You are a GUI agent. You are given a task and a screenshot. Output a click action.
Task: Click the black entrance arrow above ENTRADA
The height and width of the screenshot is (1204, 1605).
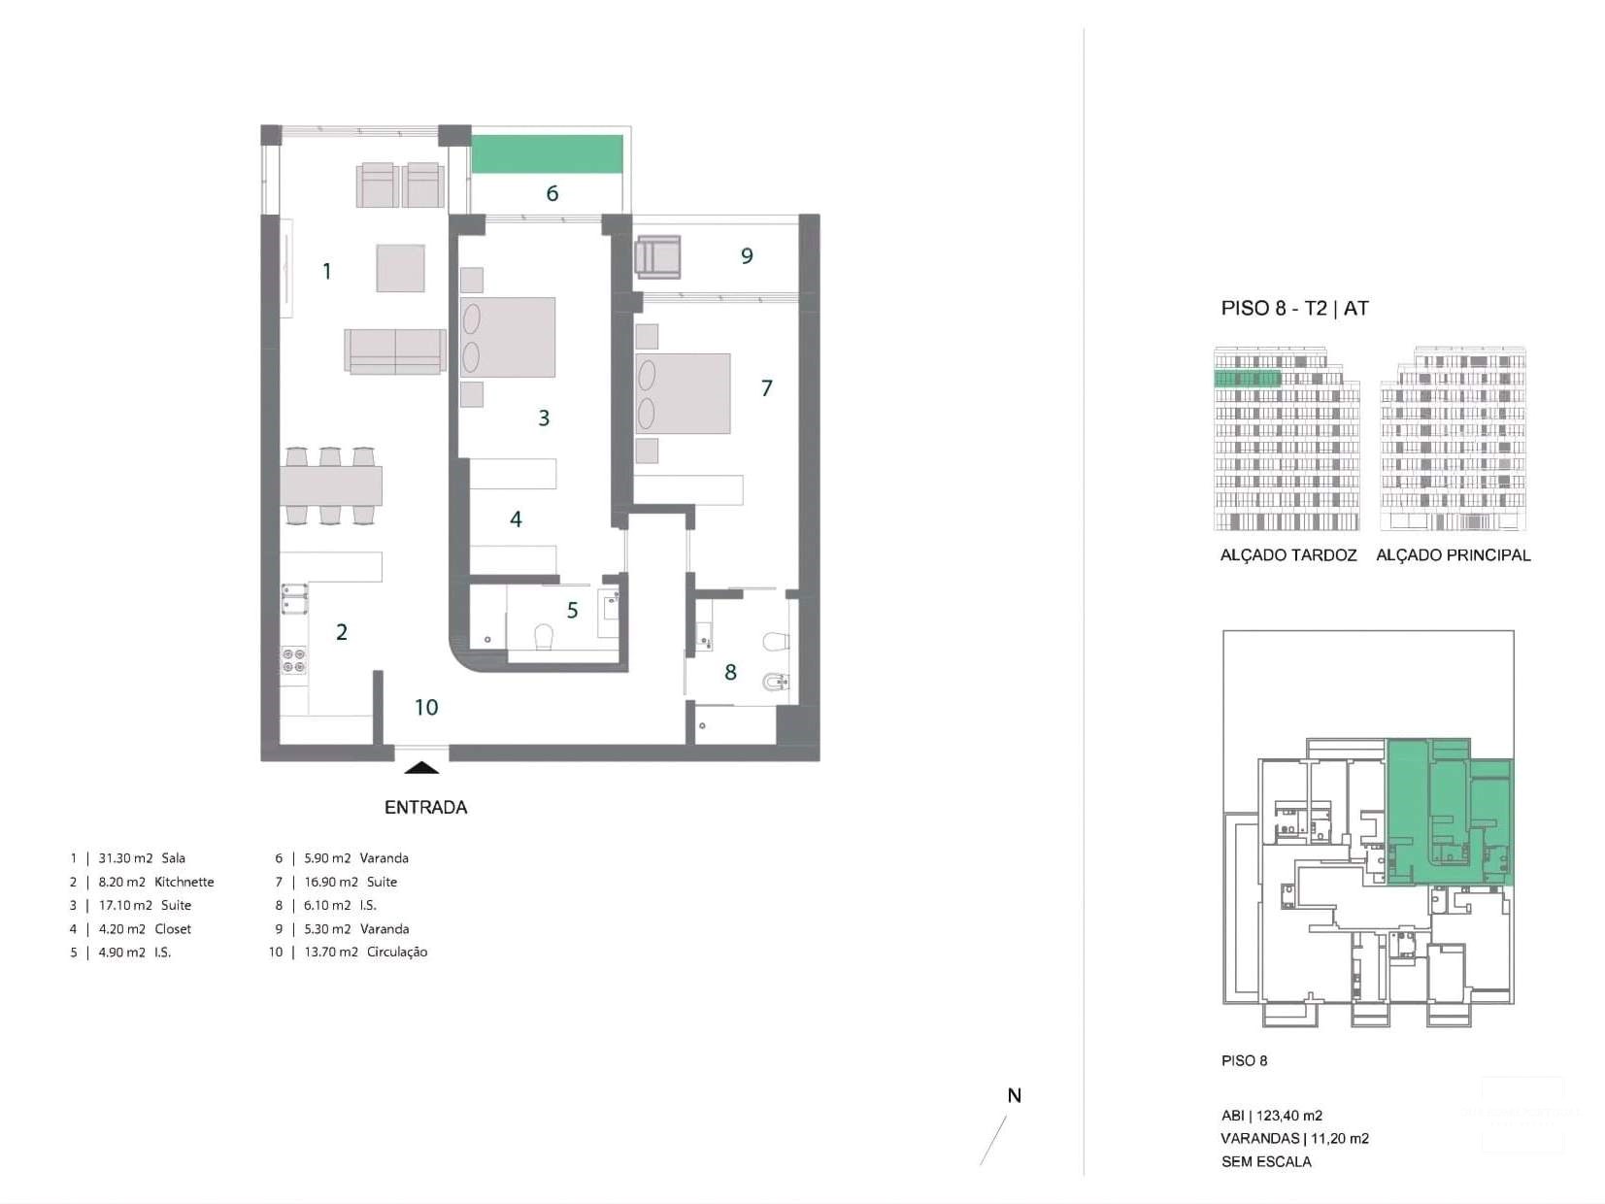[421, 767]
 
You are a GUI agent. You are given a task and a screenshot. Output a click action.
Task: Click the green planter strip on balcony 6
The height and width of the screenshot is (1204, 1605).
[547, 154]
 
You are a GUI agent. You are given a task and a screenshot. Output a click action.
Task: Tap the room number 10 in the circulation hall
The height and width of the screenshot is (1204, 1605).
[426, 707]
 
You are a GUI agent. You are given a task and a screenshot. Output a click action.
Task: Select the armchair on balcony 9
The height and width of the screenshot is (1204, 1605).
[657, 257]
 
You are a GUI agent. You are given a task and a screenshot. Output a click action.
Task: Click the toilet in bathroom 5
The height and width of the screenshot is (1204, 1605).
[544, 636]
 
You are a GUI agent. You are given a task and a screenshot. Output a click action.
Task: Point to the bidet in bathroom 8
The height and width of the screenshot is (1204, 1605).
[776, 686]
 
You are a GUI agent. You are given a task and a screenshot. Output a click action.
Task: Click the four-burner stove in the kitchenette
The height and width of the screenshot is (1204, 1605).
[293, 660]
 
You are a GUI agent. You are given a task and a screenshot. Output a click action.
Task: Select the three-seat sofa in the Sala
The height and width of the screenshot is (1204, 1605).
[394, 351]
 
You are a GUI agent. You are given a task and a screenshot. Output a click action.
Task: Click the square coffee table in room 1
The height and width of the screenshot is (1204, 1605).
[400, 268]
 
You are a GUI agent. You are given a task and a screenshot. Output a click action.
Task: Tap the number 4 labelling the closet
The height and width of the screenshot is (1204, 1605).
[516, 519]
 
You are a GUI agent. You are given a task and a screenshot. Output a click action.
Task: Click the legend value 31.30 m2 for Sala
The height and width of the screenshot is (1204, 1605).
[125, 858]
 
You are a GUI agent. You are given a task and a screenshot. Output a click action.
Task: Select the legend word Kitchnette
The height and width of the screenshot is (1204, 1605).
[184, 882]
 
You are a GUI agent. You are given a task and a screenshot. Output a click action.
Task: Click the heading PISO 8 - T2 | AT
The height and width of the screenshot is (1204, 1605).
[1294, 309]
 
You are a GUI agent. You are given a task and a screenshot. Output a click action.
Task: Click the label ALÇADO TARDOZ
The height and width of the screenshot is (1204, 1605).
[1287, 555]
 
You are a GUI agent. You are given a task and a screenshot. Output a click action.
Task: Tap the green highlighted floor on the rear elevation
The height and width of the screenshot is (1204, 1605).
[1248, 379]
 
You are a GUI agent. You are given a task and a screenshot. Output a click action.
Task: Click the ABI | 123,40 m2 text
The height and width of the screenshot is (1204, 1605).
[1271, 1116]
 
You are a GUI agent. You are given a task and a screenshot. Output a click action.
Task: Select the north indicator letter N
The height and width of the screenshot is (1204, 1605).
[1014, 1096]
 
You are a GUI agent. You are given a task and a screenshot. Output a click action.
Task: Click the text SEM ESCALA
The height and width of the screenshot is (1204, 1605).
[1265, 1161]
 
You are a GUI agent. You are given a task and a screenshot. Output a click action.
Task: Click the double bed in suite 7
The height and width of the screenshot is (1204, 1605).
[683, 393]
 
